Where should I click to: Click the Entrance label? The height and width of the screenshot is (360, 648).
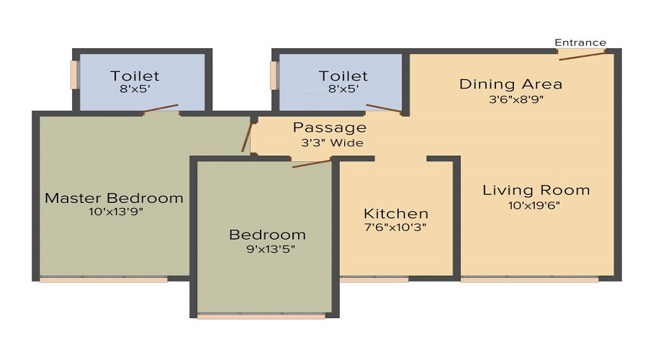pyautogui.click(x=580, y=42)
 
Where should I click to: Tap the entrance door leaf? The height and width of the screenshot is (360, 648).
pyautogui.click(x=582, y=56)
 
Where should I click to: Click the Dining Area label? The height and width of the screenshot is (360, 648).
pyautogui.click(x=510, y=84)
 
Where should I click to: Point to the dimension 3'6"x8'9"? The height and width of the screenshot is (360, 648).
pyautogui.click(x=516, y=99)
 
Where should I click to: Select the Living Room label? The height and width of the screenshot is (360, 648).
pyautogui.click(x=536, y=190)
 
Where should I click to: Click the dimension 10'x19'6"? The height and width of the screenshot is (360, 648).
pyautogui.click(x=534, y=205)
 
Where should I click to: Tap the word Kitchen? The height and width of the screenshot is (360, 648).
pyautogui.click(x=396, y=214)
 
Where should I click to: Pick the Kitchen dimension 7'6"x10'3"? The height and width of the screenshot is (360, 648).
pyautogui.click(x=395, y=228)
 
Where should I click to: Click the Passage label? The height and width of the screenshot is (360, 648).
pyautogui.click(x=329, y=127)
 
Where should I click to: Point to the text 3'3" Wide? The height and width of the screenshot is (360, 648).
pyautogui.click(x=332, y=143)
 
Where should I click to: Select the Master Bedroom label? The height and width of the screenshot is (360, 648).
pyautogui.click(x=114, y=198)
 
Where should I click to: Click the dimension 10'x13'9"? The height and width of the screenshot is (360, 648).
pyautogui.click(x=116, y=212)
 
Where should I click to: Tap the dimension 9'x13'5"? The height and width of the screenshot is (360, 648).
pyautogui.click(x=271, y=249)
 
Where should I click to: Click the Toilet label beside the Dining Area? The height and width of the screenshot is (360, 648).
pyautogui.click(x=343, y=76)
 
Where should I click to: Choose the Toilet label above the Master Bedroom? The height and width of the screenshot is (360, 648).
pyautogui.click(x=135, y=76)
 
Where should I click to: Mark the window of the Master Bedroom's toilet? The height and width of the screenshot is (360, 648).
pyautogui.click(x=74, y=75)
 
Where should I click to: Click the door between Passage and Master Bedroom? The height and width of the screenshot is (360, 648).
pyautogui.click(x=246, y=138)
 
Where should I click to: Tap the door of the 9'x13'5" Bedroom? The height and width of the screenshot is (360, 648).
pyautogui.click(x=312, y=163)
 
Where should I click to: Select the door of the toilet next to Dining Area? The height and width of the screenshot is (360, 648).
pyautogui.click(x=384, y=108)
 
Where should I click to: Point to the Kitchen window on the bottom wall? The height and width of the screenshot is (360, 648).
pyautogui.click(x=374, y=280)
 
